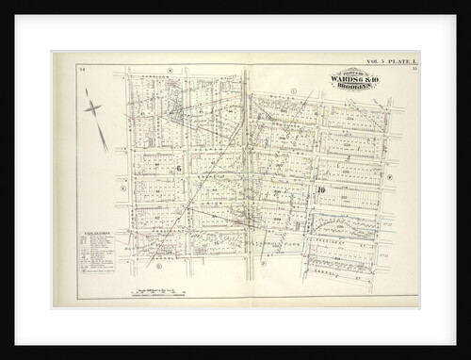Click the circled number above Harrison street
click(x=170, y=69)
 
